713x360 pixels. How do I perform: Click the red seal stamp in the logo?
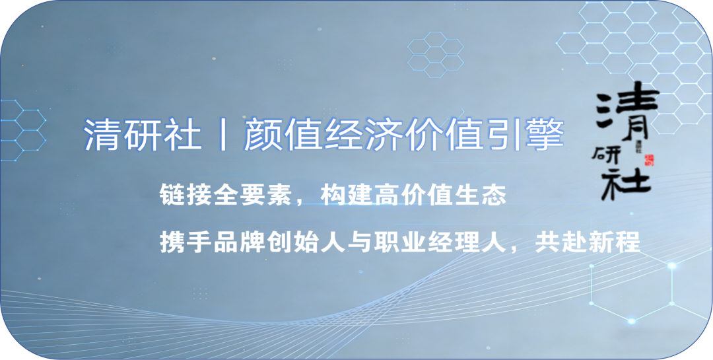[x=649, y=160]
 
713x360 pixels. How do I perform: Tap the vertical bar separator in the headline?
[x=223, y=135]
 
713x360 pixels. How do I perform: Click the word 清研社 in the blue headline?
[x=143, y=135]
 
